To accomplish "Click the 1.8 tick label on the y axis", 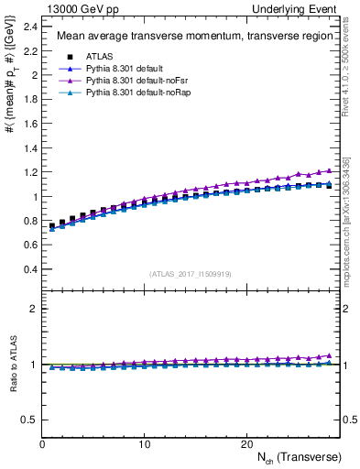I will point(28,98).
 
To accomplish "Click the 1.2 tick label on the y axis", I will point(28,172).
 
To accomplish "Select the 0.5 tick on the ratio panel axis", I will point(28,420).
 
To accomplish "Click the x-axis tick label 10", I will point(144,443).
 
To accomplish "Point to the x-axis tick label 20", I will point(245,443).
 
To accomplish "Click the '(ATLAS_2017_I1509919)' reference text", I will point(190,273).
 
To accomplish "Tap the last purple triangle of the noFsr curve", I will point(328,170).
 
